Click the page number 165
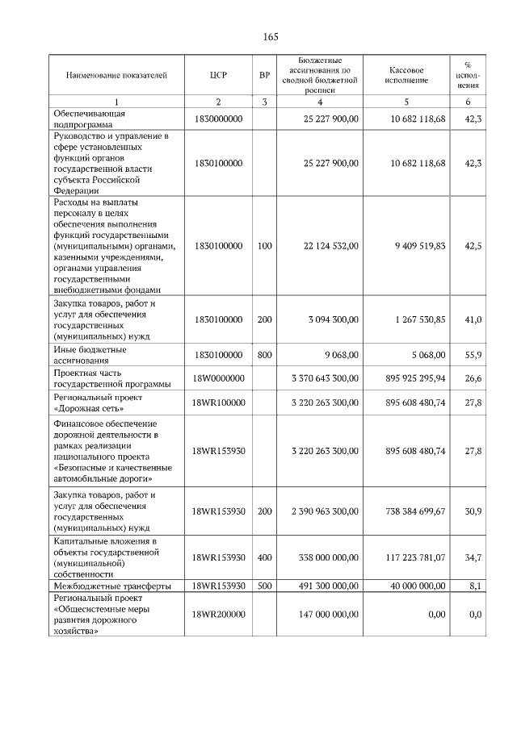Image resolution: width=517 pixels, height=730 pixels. (271, 37)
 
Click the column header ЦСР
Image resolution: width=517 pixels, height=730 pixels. (218, 75)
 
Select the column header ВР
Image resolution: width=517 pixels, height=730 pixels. (264, 75)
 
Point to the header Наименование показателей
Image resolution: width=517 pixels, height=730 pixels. (116, 75)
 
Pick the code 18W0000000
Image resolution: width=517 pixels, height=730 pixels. (218, 378)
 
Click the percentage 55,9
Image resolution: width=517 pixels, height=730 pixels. (474, 354)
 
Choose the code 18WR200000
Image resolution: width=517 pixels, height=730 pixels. (218, 615)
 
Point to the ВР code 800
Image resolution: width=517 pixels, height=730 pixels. (264, 354)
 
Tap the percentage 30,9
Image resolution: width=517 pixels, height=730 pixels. (474, 511)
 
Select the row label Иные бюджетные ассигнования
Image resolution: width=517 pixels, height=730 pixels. (90, 354)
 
